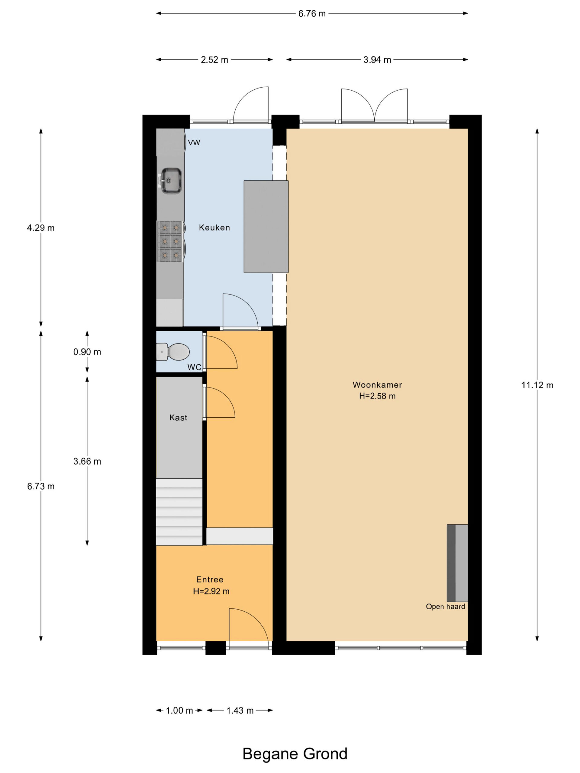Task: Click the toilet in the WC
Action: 173,351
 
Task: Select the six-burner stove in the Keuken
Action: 170,242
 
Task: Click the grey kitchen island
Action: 266,226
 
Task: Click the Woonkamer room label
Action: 377,385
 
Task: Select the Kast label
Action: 178,418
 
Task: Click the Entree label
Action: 210,579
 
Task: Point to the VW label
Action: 194,143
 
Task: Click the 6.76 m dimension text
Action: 312,14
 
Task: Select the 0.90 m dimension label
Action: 87,352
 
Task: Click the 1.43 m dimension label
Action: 240,710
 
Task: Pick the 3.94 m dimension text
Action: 377,60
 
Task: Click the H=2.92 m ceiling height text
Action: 211,591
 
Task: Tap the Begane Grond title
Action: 295,754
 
